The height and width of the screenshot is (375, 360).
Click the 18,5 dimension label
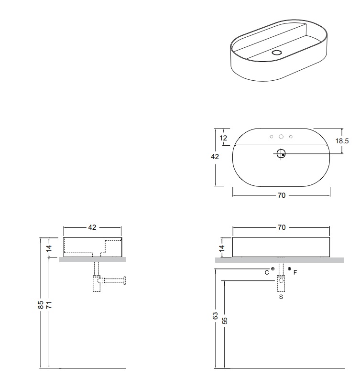342,141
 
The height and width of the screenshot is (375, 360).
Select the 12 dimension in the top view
223,138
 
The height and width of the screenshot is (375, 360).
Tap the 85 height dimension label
41,305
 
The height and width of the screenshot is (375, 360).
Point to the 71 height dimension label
49,305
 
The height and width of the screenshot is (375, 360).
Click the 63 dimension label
215,316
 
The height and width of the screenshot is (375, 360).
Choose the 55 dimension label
225,321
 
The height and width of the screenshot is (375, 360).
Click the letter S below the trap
281,297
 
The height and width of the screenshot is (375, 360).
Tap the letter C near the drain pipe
267,273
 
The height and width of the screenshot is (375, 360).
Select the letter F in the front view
295,272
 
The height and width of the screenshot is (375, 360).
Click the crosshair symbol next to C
273,269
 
